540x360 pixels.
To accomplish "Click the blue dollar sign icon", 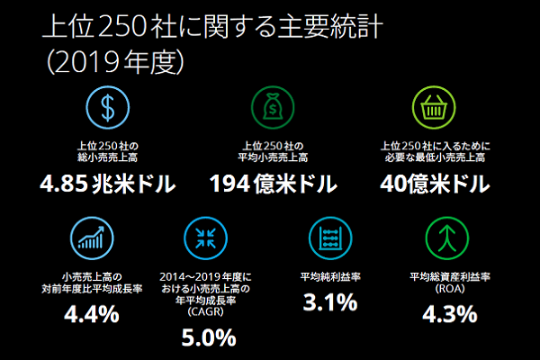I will [107, 108].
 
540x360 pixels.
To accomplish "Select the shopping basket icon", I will [435, 108].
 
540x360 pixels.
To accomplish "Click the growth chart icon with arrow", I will [91, 237].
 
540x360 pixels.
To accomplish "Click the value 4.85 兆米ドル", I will [107, 185].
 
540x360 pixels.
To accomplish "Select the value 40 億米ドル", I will [435, 185].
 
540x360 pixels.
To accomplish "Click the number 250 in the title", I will [120, 26].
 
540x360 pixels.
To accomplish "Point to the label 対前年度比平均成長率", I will [91, 290].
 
